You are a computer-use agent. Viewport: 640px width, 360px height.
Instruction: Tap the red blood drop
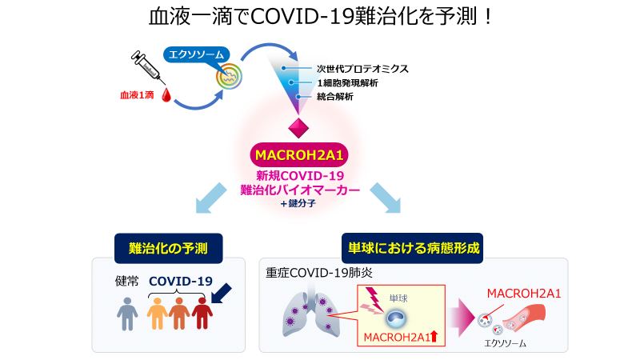click(167, 96)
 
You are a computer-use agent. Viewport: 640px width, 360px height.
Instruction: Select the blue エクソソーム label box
click(194, 55)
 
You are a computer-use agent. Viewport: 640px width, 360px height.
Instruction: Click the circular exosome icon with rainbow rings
click(230, 78)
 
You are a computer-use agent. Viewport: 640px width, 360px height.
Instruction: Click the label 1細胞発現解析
click(347, 82)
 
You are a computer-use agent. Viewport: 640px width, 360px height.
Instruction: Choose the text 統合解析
click(335, 97)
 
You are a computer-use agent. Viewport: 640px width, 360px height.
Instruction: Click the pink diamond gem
click(298, 127)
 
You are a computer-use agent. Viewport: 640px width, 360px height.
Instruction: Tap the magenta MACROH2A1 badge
click(299, 154)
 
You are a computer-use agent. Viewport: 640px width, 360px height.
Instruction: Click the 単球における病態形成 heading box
click(414, 248)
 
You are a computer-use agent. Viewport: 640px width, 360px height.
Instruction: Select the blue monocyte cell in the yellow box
click(394, 317)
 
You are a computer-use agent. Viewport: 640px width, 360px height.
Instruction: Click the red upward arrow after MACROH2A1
click(434, 337)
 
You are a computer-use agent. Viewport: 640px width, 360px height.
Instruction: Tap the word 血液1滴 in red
click(138, 95)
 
